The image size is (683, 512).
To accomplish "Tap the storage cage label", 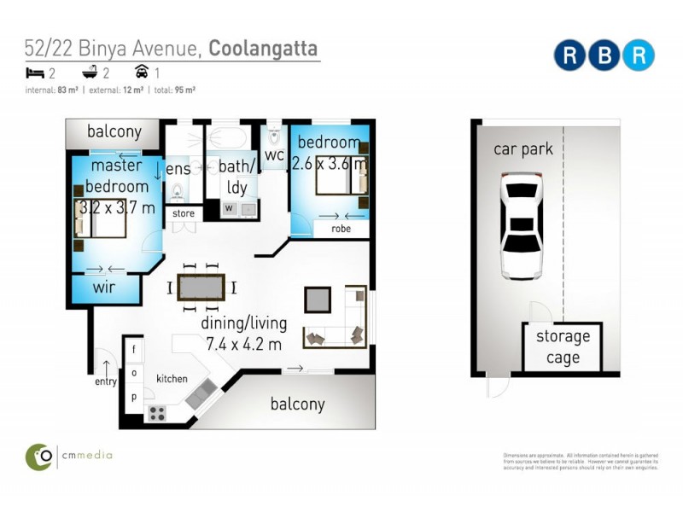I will [563, 346].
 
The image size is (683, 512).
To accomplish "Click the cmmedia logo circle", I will [38, 457].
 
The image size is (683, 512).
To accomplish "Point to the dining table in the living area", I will [202, 288].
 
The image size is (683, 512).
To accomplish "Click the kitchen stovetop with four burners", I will [157, 413].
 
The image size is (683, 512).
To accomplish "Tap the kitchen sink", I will [201, 393].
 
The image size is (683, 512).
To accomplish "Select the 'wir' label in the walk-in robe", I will [103, 288].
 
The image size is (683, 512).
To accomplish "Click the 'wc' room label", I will [274, 154].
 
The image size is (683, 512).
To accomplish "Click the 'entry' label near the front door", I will [107, 382].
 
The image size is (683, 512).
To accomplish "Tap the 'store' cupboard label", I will [184, 213].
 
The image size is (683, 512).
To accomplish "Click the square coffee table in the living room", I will [318, 300].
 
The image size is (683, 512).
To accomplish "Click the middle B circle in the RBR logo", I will [604, 55].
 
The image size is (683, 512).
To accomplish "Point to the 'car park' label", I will [522, 149].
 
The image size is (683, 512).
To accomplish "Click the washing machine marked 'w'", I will [229, 207].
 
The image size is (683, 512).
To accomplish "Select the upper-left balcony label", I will [114, 132].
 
